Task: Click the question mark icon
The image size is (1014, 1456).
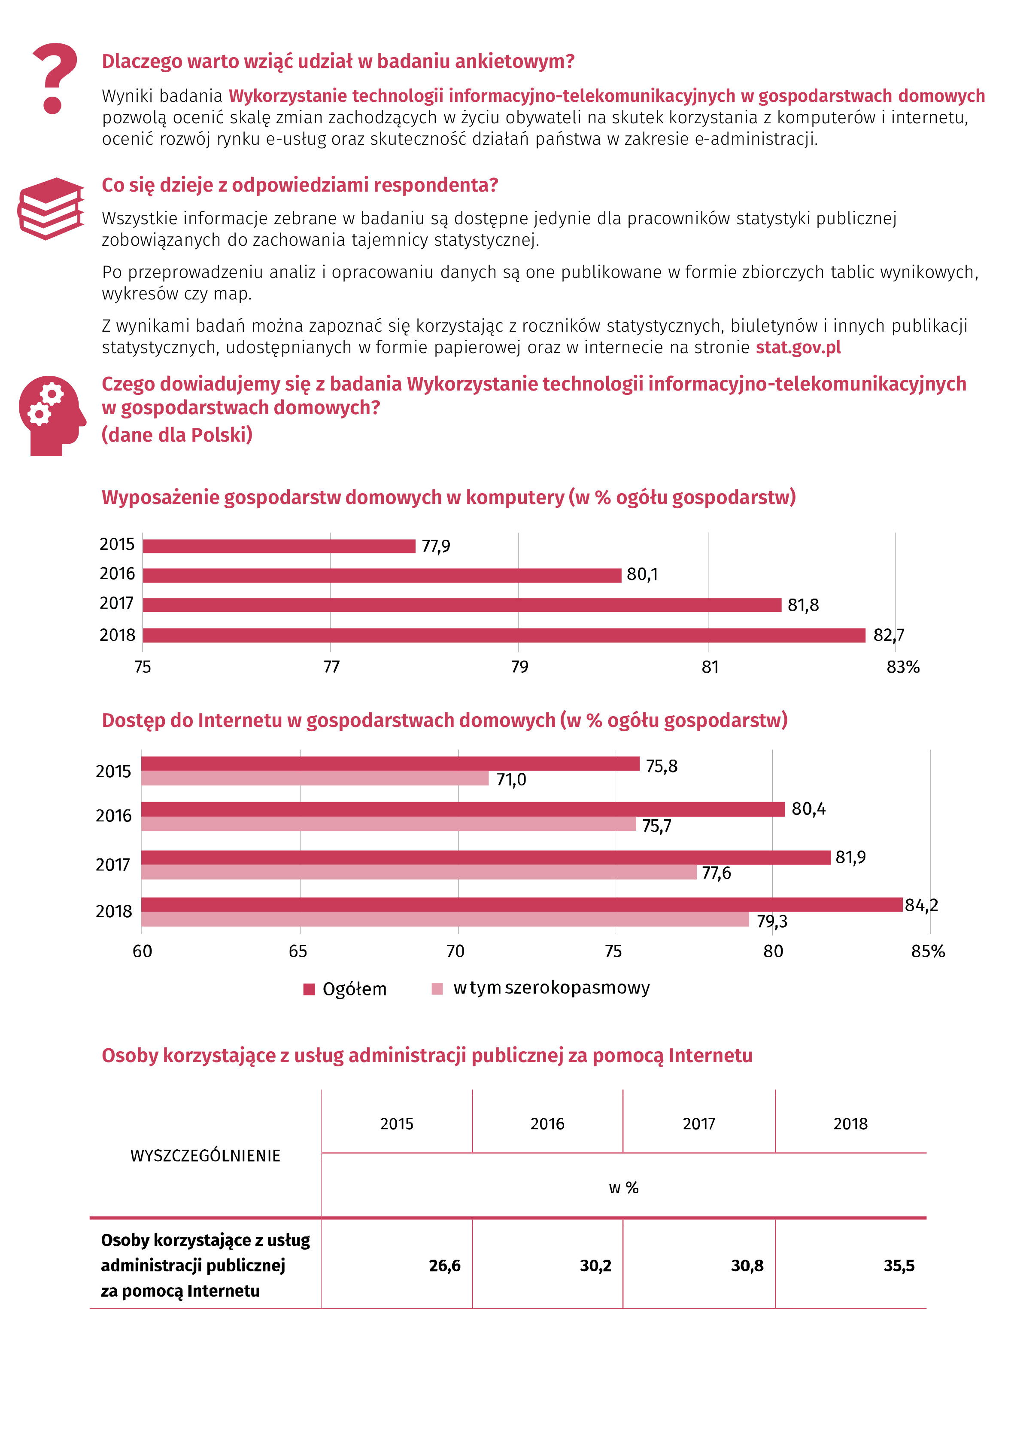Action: coord(55,78)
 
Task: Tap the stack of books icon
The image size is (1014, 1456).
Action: coord(51,208)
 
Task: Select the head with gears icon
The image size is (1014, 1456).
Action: coord(52,415)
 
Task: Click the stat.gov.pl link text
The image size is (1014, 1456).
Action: coord(798,348)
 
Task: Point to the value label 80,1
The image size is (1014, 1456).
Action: coord(642,574)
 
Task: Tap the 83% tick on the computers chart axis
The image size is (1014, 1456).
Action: coord(902,666)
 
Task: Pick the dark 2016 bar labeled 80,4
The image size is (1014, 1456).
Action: coord(463,809)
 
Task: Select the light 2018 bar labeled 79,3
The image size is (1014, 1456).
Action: coord(444,919)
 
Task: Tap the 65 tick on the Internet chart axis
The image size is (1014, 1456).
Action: coord(298,951)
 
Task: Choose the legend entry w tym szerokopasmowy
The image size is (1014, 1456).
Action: coord(540,988)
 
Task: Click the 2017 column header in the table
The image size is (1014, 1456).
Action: coord(698,1124)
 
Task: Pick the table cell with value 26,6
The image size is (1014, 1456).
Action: coord(444,1266)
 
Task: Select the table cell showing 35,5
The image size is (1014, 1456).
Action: coord(899,1266)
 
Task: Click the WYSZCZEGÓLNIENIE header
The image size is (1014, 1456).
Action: coord(205,1155)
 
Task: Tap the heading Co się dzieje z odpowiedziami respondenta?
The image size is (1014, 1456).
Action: coord(300,185)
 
